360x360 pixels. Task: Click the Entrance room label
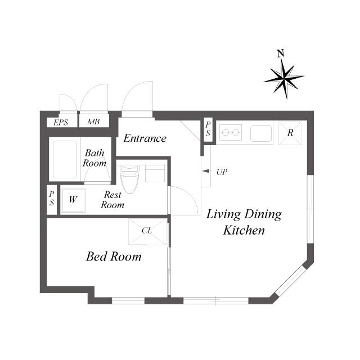tap(145, 138)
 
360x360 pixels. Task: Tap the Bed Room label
tap(114, 256)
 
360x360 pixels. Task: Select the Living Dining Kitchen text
tap(244, 222)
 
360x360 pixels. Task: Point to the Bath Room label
tap(94, 158)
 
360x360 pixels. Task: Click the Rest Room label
tap(112, 200)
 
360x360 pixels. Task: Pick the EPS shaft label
tap(61, 123)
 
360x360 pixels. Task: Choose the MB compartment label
tap(93, 121)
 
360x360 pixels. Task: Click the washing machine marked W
tap(73, 200)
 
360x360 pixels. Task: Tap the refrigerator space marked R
tap(290, 133)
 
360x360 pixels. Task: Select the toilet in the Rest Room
tap(130, 179)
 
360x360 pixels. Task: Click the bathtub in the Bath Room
tap(65, 160)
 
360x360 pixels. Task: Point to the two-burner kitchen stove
tap(231, 133)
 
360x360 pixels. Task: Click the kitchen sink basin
tap(261, 133)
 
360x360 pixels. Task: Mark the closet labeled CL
tap(147, 231)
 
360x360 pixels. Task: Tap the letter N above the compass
tap(281, 53)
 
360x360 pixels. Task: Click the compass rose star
tap(284, 79)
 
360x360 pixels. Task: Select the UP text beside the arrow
tap(222, 172)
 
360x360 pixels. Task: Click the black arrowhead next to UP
tap(206, 171)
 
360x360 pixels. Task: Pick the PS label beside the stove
tap(208, 129)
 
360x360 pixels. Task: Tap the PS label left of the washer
tap(52, 199)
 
